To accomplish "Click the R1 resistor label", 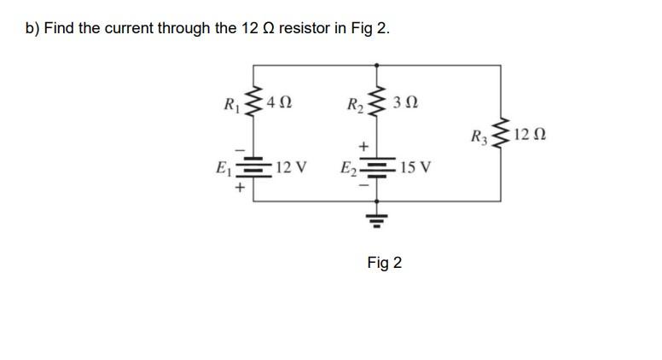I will pos(230,107).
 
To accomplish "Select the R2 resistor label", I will pos(355,107).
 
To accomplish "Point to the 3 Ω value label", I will pos(406,104).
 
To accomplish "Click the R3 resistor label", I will pos(479,136).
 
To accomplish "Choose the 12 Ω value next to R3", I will pos(530,134).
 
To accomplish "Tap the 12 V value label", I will pos(291,166).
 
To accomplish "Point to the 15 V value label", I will pos(415,167).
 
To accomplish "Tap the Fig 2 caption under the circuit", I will pos(384,263).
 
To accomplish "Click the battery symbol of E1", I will pos(253,166).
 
